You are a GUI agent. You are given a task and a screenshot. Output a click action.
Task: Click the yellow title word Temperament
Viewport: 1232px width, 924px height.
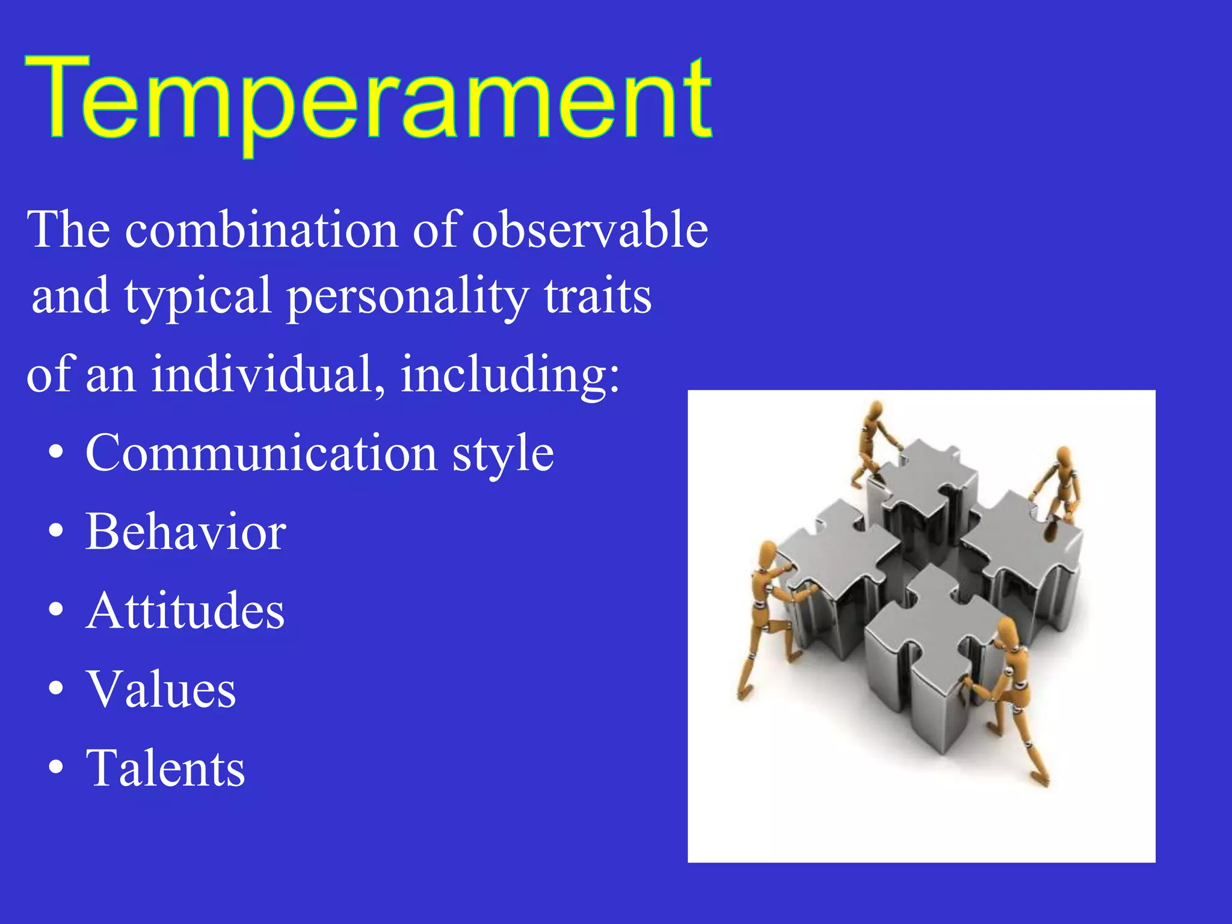coord(368,99)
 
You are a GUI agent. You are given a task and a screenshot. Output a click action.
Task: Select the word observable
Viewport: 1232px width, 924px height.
coord(590,230)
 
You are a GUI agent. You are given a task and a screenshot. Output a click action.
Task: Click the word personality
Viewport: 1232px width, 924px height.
coord(407,297)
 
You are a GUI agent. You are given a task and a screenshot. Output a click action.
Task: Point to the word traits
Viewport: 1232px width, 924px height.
coord(597,296)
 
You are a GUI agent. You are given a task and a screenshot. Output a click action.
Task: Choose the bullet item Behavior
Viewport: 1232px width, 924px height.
coord(185,532)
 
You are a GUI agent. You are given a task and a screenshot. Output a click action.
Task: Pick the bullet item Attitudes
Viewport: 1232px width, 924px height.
coord(185,611)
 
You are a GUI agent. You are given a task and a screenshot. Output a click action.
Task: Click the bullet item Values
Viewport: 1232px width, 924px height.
coord(161,689)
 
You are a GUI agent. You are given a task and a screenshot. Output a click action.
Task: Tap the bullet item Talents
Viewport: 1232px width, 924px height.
coord(165,768)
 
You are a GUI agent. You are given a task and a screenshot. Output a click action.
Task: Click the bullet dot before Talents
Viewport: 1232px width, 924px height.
coord(56,768)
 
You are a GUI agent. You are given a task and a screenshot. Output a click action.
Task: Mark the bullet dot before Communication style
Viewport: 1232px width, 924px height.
coord(56,453)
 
